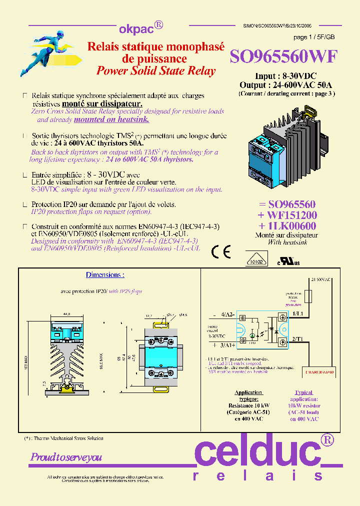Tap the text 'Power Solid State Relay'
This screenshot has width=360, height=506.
click(x=156, y=70)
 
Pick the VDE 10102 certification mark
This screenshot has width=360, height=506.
click(x=256, y=260)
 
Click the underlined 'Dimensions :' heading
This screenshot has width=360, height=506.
click(x=105, y=275)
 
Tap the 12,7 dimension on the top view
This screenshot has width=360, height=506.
click(x=148, y=316)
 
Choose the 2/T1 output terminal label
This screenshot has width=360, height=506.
click(x=297, y=339)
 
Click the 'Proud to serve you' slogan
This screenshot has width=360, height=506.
click(x=66, y=457)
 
